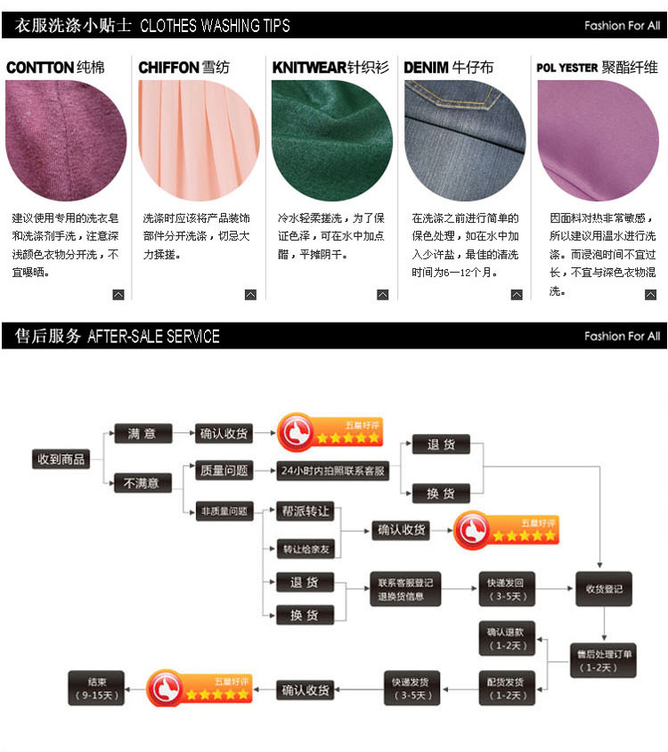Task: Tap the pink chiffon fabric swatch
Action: click(198, 141)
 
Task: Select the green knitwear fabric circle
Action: click(331, 141)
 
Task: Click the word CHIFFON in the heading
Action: click(168, 68)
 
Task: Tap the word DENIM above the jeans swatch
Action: click(426, 68)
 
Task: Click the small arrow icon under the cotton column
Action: click(118, 295)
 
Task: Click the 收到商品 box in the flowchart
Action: click(61, 459)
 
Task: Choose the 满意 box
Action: click(142, 434)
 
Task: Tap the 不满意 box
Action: click(142, 483)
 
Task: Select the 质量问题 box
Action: click(224, 470)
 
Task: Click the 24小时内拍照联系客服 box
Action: click(333, 470)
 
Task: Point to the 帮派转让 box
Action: click(305, 511)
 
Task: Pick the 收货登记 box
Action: click(603, 589)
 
